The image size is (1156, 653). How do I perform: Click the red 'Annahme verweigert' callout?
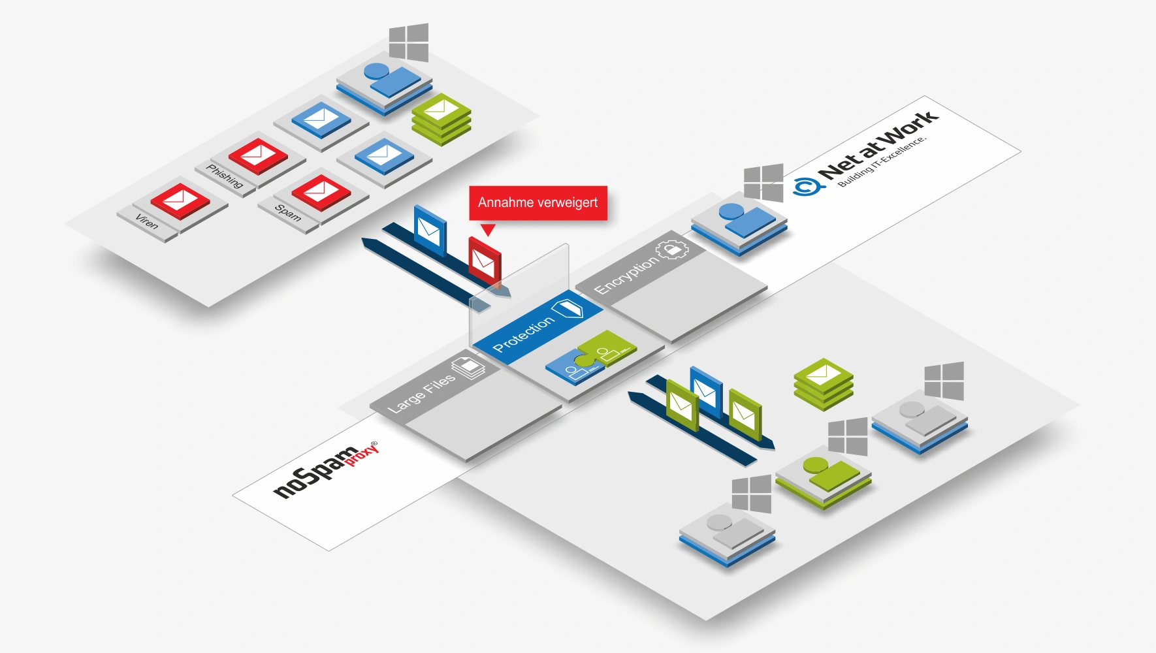pyautogui.click(x=538, y=203)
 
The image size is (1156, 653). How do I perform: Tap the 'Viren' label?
pyautogui.click(x=147, y=222)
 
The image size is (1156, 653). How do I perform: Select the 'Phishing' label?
pyautogui.click(x=225, y=176)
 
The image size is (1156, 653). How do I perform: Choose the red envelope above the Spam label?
pyautogui.click(x=321, y=192)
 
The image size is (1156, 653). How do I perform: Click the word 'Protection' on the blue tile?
pyautogui.click(x=523, y=334)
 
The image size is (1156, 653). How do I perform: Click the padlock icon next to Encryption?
pyautogui.click(x=672, y=249)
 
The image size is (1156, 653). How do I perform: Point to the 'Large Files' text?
pyautogui.click(x=421, y=393)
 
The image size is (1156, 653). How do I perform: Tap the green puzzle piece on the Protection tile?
pyautogui.click(x=607, y=348)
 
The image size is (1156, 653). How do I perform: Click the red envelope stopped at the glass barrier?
pyautogui.click(x=484, y=261)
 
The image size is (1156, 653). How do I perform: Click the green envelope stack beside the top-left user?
pyautogui.click(x=442, y=118)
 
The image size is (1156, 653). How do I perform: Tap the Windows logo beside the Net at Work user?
pyautogui.click(x=763, y=183)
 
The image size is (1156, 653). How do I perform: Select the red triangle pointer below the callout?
pyautogui.click(x=488, y=229)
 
